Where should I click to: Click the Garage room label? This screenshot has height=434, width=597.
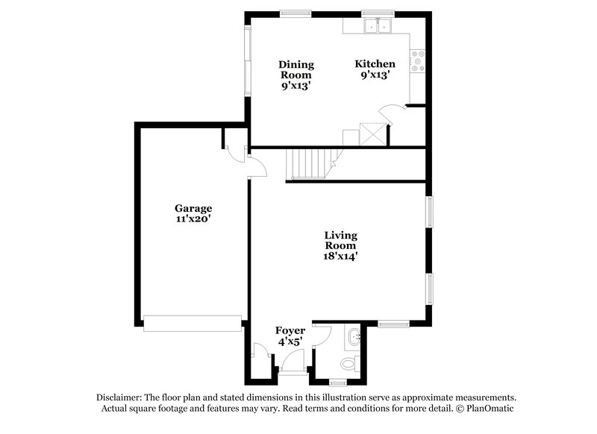pos(193,208)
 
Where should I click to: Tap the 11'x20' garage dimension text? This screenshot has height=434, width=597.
pos(193,219)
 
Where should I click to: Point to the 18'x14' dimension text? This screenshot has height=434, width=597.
pos(340,256)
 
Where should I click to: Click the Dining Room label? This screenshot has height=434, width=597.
pos(296,69)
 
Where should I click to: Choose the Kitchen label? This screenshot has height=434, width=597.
pos(375,64)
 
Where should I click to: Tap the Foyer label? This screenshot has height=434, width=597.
pos(290,330)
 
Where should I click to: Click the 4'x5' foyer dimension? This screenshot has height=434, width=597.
pos(290,342)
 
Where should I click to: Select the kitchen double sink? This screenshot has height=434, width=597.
pos(378,26)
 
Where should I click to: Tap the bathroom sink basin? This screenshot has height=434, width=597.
pos(354,338)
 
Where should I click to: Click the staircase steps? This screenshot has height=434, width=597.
pos(308,163)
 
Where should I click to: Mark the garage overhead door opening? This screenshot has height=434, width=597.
pos(193,323)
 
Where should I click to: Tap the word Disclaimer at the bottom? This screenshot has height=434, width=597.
pos(119,397)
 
